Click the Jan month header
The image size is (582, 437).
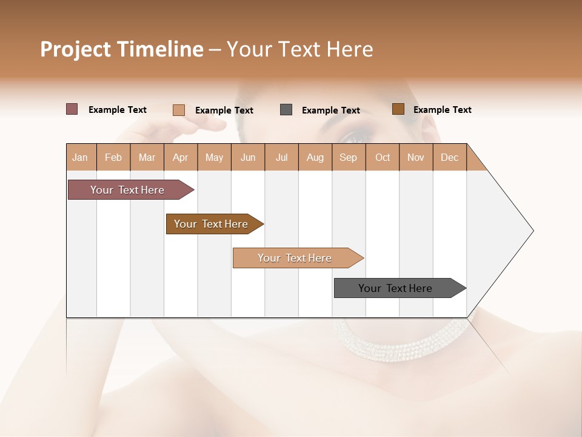click(80, 157)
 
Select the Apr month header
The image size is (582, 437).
click(181, 157)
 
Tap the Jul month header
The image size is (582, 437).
click(281, 157)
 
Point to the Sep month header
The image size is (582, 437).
click(348, 157)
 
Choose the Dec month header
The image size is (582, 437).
click(449, 157)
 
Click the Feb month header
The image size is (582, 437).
click(113, 157)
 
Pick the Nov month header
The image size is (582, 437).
click(416, 157)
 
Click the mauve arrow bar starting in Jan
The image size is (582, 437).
click(127, 190)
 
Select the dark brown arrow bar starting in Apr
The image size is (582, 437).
click(211, 224)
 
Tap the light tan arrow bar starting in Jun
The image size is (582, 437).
click(295, 258)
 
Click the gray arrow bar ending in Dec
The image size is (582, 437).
click(395, 288)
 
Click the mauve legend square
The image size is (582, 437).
click(72, 109)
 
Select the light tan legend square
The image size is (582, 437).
click(178, 110)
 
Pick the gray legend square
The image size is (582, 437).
click(286, 110)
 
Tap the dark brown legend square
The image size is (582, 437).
click(398, 109)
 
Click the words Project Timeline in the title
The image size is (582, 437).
click(121, 49)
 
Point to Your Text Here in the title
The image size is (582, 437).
click(299, 49)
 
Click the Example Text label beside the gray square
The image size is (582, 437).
click(331, 110)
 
